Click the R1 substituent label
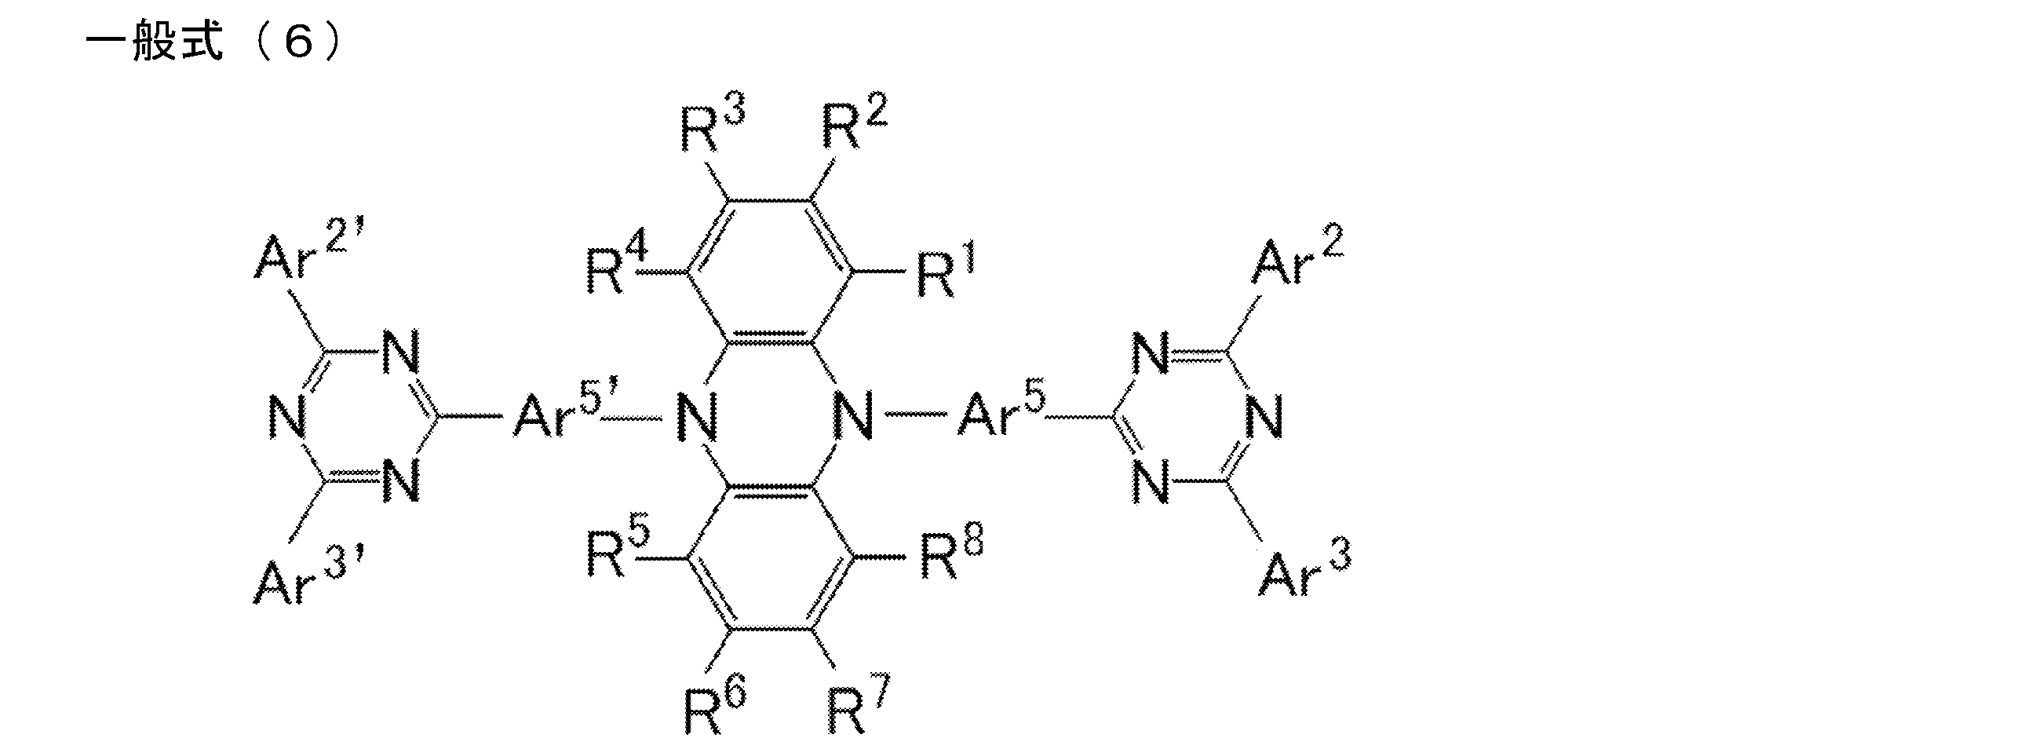pyautogui.click(x=946, y=272)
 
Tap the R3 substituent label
pyautogui.click(x=713, y=125)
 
